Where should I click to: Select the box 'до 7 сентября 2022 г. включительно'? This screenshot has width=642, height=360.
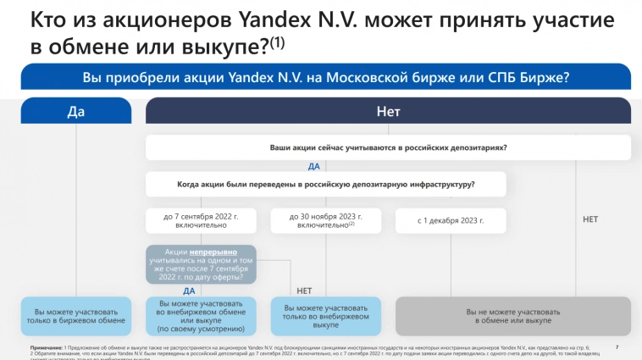(x=201, y=220)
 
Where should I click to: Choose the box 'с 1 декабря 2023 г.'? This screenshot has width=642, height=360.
(x=451, y=220)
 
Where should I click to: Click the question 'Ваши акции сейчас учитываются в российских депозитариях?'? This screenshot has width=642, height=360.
(x=388, y=147)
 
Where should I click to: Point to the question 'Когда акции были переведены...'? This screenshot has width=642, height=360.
(x=325, y=184)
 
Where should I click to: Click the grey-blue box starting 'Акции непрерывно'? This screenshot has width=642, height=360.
(x=201, y=264)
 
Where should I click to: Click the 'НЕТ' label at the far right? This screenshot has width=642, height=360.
(x=590, y=219)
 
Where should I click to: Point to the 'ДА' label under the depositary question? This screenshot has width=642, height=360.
(x=313, y=167)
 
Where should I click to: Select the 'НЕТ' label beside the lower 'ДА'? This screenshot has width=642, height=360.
(x=304, y=291)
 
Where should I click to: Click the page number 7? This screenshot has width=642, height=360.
(x=617, y=347)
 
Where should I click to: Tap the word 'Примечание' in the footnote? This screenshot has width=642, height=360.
(x=45, y=348)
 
